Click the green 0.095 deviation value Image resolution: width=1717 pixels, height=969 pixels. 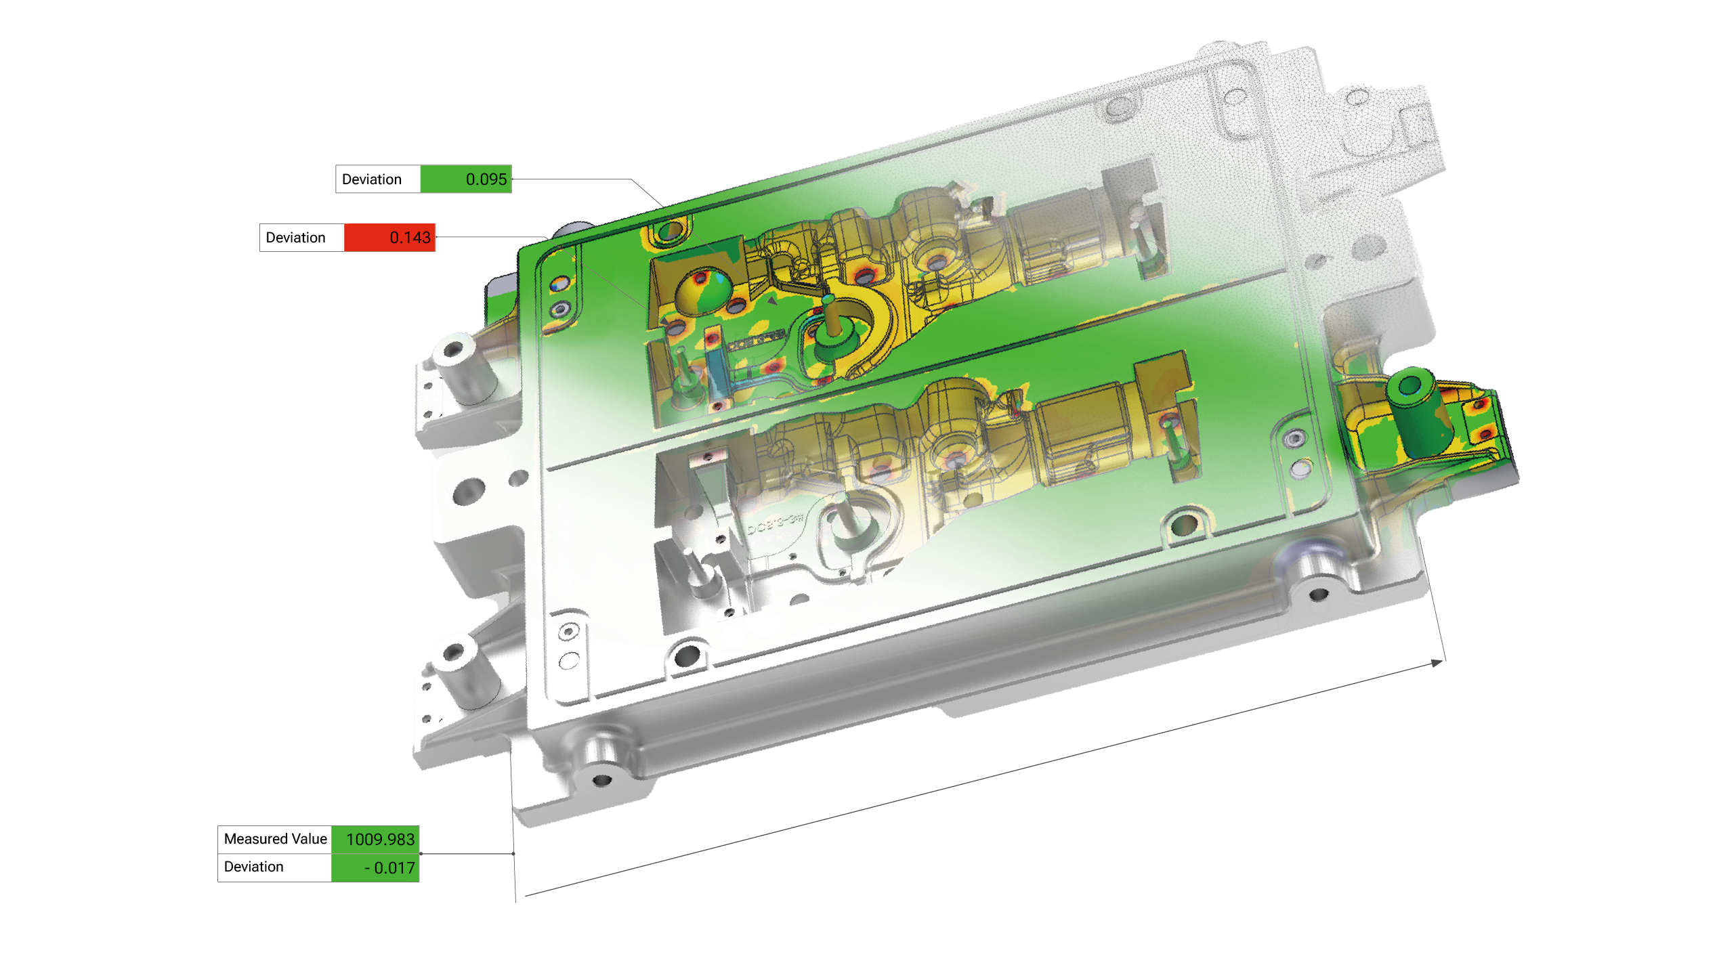[x=486, y=179]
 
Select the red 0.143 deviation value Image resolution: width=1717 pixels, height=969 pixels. [x=410, y=238]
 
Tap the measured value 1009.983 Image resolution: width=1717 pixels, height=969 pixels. [x=380, y=840]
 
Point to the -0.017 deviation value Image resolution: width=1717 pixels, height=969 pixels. [x=389, y=867]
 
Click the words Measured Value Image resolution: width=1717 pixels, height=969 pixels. [x=275, y=839]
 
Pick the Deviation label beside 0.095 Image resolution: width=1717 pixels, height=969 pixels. [x=372, y=179]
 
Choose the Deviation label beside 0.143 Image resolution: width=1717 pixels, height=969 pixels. [x=295, y=238]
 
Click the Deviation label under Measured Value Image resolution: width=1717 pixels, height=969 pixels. [x=253, y=867]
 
